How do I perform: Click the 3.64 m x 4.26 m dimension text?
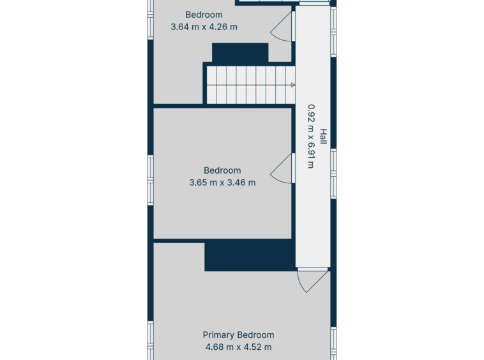click(x=204, y=27)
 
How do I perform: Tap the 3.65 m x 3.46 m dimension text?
click(x=222, y=183)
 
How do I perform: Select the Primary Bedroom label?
click(x=238, y=335)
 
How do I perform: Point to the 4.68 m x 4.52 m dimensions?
click(x=239, y=347)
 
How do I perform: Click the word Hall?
click(x=323, y=137)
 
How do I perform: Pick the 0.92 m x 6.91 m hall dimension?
click(x=311, y=137)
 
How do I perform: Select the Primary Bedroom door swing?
click(x=312, y=280)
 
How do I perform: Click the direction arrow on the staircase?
click(x=293, y=85)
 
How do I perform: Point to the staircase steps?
click(x=251, y=85)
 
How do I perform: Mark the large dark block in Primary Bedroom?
click(x=250, y=255)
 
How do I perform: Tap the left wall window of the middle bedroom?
click(x=151, y=180)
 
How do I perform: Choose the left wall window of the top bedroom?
click(x=151, y=20)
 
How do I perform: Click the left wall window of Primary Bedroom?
click(x=151, y=341)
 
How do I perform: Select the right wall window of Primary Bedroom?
click(x=333, y=343)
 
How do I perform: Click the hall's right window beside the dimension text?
click(x=333, y=174)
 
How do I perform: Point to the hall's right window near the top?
click(x=333, y=32)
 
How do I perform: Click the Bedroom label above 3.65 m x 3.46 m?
click(x=222, y=170)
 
